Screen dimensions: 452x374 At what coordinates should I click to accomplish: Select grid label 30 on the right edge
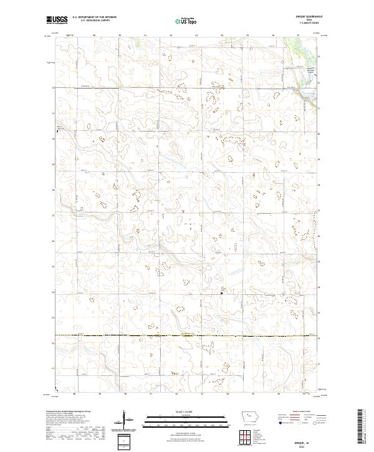click(319, 133)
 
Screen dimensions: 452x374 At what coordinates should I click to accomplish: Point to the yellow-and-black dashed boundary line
click(187, 336)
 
